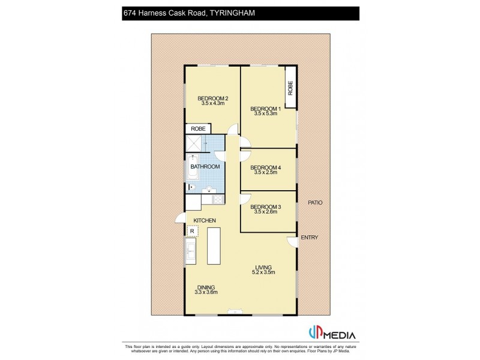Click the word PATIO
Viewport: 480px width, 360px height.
pyautogui.click(x=315, y=203)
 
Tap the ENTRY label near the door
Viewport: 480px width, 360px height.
pyautogui.click(x=310, y=238)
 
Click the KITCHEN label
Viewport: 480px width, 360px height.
pyautogui.click(x=203, y=221)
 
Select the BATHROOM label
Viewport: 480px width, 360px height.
pyautogui.click(x=205, y=166)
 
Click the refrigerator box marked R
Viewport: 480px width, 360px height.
pyautogui.click(x=191, y=230)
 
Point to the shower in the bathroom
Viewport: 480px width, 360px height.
pyautogui.click(x=194, y=144)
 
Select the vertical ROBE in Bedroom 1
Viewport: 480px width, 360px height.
pyautogui.click(x=290, y=89)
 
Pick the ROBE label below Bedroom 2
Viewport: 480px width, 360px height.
pyautogui.click(x=198, y=129)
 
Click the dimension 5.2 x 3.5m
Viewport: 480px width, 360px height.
pyautogui.click(x=263, y=272)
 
